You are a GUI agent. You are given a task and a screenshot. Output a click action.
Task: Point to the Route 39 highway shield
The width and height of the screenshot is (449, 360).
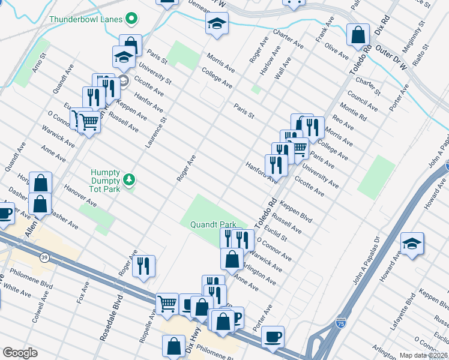point(44,241)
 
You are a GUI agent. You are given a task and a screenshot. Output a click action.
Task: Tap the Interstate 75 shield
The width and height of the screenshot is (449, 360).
point(341,323)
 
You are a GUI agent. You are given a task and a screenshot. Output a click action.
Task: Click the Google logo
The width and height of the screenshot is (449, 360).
point(20,353)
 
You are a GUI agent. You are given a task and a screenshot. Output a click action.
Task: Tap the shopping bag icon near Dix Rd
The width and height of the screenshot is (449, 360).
point(358,35)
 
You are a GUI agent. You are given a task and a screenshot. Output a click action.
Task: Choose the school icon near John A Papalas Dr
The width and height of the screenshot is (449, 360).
point(412,244)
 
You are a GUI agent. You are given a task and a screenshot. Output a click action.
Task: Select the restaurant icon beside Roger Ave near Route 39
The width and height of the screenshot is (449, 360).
point(143,266)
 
